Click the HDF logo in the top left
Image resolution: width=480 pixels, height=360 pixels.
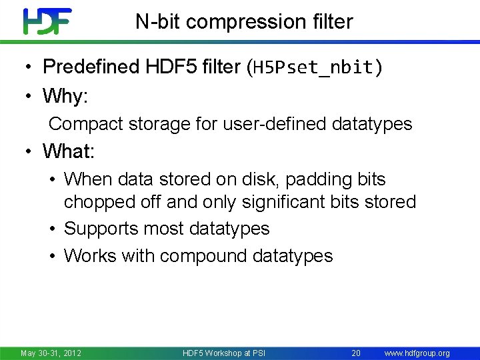[x=47, y=21]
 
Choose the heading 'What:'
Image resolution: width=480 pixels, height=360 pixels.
[x=69, y=151]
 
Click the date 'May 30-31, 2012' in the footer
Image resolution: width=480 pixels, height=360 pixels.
[x=51, y=353]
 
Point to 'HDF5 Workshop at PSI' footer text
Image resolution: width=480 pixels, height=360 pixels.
[x=223, y=353]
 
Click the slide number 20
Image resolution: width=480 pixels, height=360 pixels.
[x=356, y=353]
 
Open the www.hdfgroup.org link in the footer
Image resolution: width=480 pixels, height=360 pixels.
[x=417, y=353]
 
